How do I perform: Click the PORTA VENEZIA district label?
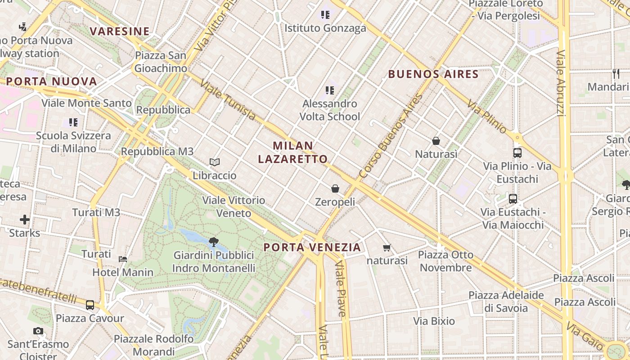tap(312, 247)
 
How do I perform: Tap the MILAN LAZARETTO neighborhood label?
tap(299, 152)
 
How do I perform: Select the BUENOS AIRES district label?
tap(433, 74)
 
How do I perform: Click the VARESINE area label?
tap(119, 31)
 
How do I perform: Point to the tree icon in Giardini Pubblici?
tap(214, 242)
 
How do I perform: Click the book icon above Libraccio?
tap(215, 162)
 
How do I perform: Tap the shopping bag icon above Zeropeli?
tap(335, 188)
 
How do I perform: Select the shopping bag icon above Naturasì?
tap(436, 141)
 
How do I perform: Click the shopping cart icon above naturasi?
tap(387, 247)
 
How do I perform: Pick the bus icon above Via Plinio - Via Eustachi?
tap(517, 153)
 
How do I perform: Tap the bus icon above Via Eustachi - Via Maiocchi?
tap(513, 198)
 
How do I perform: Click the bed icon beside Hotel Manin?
tap(122, 259)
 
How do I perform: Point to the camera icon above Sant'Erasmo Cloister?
tap(38, 331)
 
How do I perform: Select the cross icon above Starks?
tap(25, 220)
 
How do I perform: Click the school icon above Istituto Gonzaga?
tap(325, 15)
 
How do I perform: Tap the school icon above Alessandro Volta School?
tap(330, 90)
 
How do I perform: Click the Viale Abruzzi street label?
tap(561, 83)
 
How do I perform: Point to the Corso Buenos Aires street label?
tap(392, 135)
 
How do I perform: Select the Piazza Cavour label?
tap(90, 318)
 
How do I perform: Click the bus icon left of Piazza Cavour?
tap(90, 305)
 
